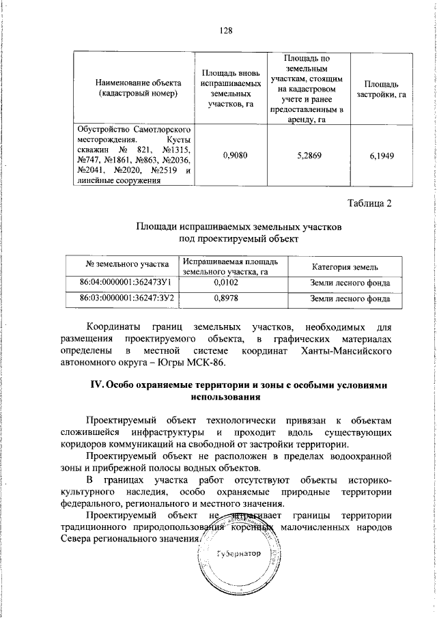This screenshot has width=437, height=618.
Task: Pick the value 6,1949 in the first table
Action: click(382, 155)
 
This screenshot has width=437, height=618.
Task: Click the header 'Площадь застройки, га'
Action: click(382, 88)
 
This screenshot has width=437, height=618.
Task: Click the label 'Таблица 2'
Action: click(370, 203)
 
